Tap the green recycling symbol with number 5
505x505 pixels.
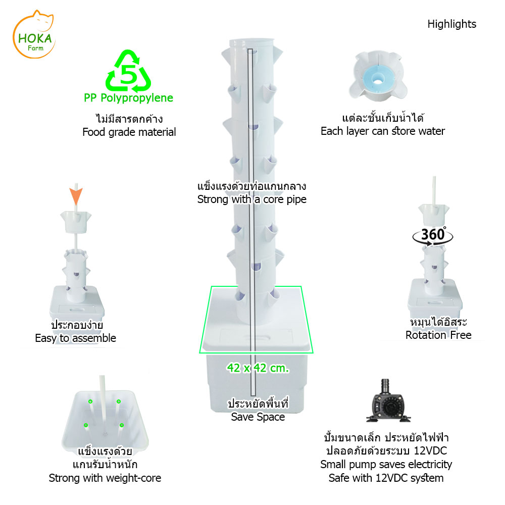[128, 71]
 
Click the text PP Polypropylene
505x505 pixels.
[128, 98]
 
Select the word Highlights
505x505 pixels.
[451, 24]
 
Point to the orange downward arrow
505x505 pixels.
[75, 194]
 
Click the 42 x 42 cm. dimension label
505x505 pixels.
[258, 368]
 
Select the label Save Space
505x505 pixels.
[258, 417]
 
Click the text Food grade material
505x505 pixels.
[129, 132]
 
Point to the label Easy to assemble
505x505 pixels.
[75, 338]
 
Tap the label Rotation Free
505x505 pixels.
[438, 335]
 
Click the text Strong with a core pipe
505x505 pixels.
[252, 199]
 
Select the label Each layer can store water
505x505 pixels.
[383, 131]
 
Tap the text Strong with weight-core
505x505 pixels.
[105, 478]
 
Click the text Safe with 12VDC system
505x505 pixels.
[386, 478]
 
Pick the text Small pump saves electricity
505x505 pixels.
[386, 464]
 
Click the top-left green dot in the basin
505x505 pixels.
[90, 401]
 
